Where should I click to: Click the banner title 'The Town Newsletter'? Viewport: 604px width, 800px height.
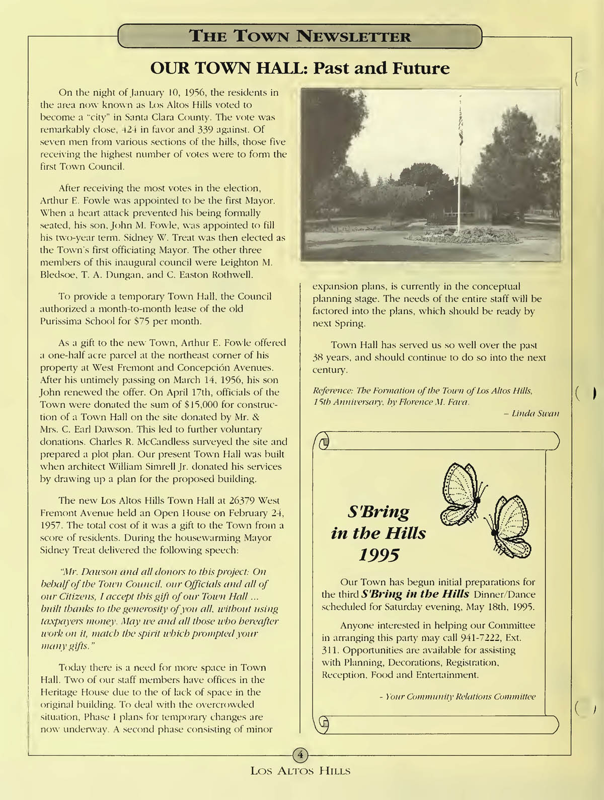tap(299, 36)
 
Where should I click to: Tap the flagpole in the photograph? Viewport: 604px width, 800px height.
tap(460, 166)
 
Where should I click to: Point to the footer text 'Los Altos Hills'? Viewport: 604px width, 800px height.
tap(300, 770)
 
